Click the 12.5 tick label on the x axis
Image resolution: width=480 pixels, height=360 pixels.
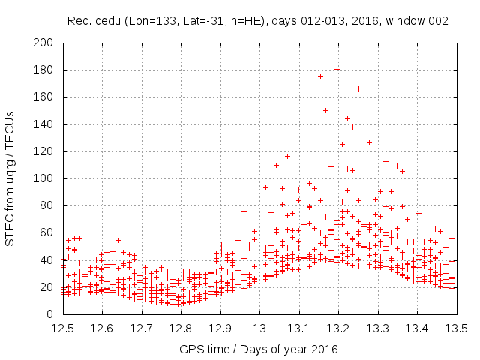pos(62,328)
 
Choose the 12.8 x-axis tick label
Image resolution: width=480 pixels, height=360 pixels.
pos(181,328)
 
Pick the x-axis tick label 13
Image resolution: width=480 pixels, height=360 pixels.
pos(259,328)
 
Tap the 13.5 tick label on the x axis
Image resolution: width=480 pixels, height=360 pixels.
pos(456,328)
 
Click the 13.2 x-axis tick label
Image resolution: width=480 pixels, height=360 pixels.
pos(338,328)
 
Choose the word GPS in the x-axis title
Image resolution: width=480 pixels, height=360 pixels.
pos(190,349)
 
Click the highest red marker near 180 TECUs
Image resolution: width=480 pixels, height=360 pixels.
pos(337,70)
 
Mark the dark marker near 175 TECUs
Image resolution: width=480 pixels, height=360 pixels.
pos(320,76)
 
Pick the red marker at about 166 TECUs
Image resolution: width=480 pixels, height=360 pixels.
pos(358,88)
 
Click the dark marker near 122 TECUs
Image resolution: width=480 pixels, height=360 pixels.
pos(304,148)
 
